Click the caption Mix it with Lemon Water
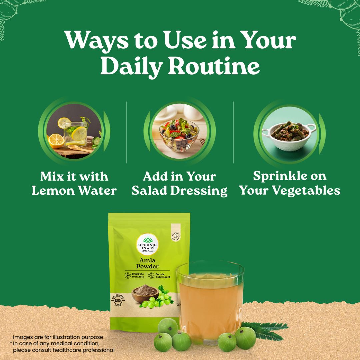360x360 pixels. (x=74, y=183)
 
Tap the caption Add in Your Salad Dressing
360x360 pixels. (x=180, y=183)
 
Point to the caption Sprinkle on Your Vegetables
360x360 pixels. (x=290, y=183)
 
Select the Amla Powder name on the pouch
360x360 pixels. (x=147, y=262)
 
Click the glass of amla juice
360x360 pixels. (x=210, y=300)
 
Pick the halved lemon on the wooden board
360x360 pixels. (x=56, y=141)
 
